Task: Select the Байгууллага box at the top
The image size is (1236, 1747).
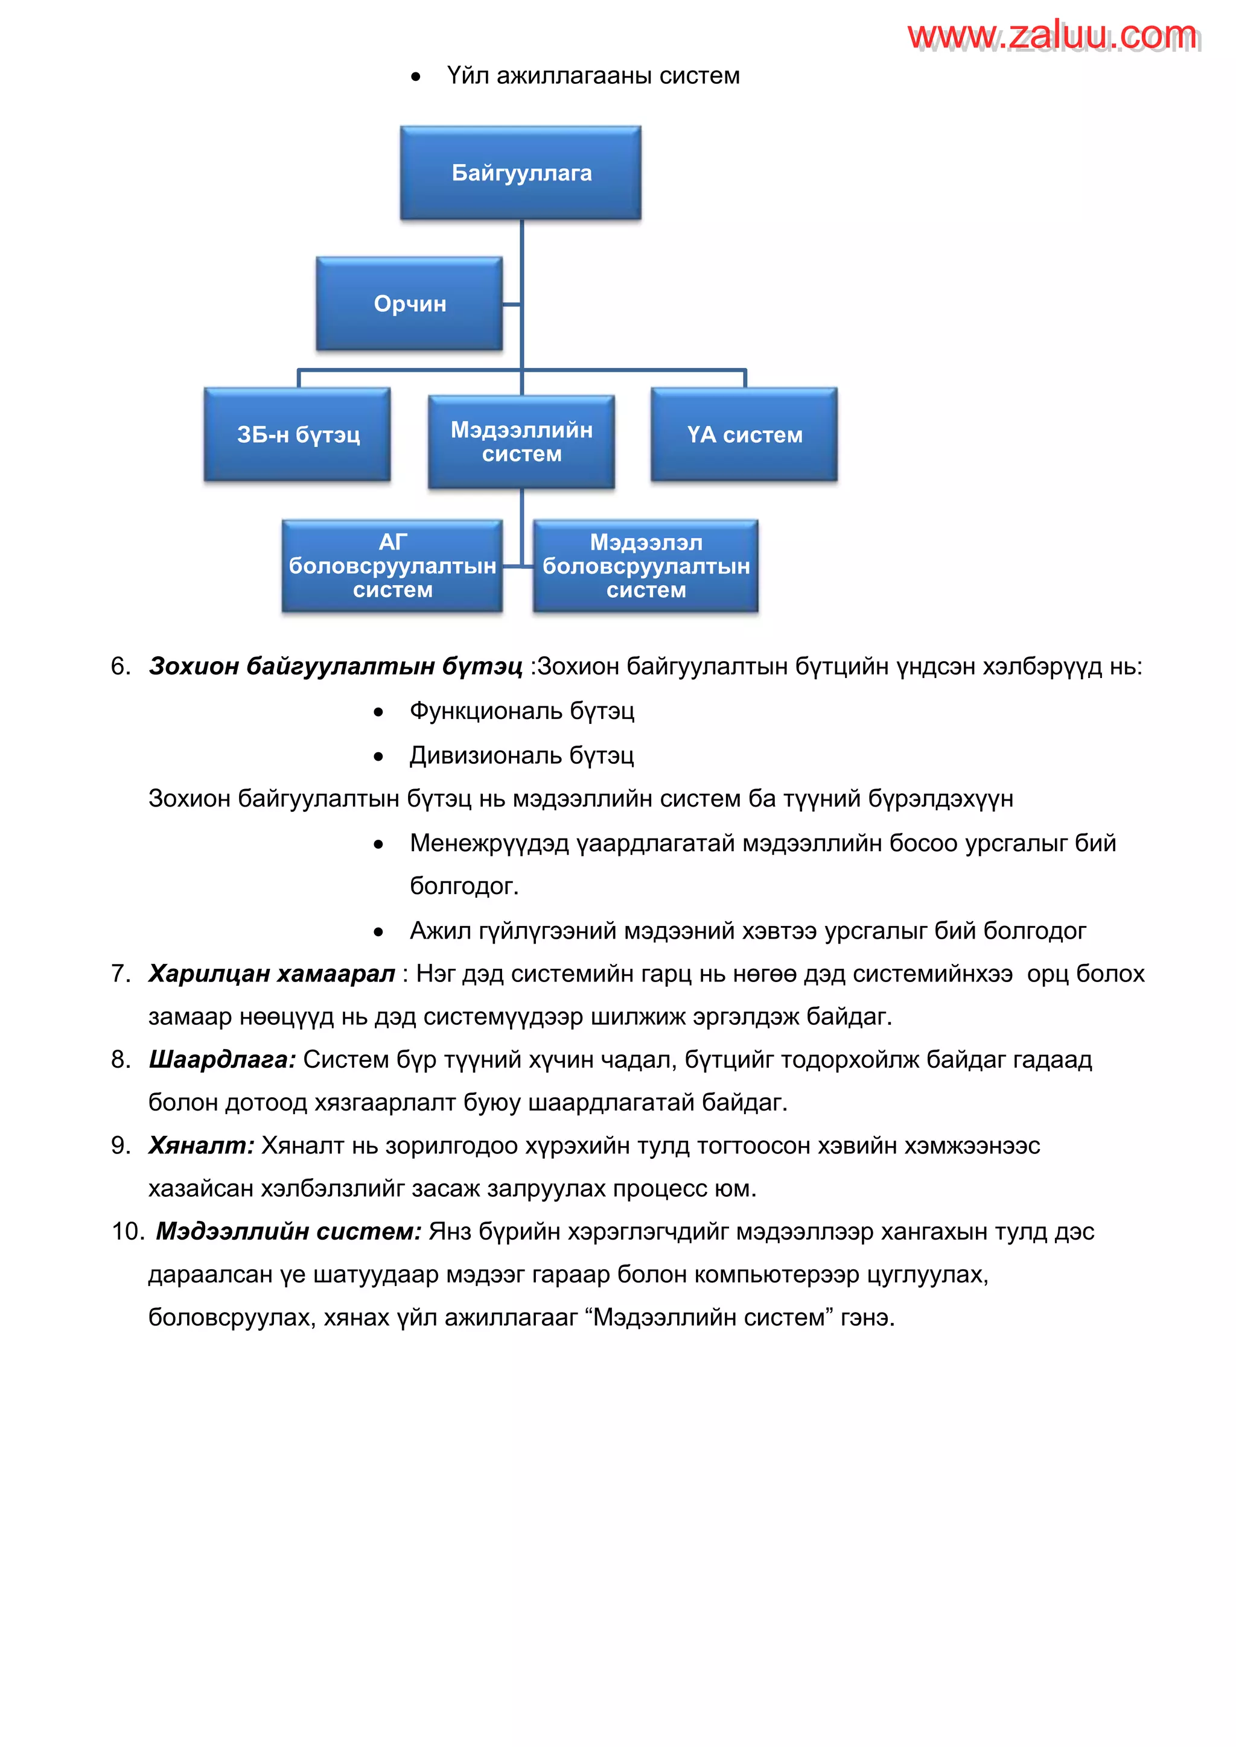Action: click(x=521, y=173)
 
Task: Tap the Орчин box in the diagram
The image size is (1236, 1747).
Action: click(x=409, y=303)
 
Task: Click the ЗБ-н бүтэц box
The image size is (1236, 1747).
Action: click(x=298, y=434)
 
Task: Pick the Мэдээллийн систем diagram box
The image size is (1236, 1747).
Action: click(x=521, y=442)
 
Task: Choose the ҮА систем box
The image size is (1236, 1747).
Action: click(x=744, y=434)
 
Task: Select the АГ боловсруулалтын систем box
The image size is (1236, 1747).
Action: click(x=392, y=565)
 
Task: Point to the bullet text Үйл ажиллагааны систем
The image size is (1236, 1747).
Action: click(x=593, y=76)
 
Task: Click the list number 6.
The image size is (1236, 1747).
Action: click(x=120, y=667)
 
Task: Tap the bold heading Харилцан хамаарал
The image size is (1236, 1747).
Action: click(x=272, y=974)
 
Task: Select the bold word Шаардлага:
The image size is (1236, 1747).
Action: click(x=222, y=1059)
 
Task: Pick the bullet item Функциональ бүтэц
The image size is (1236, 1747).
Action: click(x=521, y=711)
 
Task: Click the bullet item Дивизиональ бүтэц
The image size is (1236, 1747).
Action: click(x=521, y=755)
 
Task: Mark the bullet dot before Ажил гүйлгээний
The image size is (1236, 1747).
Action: click(x=378, y=931)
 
